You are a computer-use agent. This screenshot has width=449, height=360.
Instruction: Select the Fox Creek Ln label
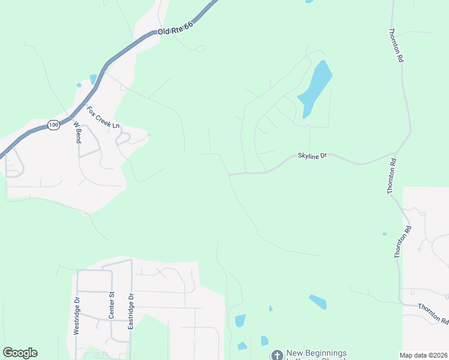pos(103,118)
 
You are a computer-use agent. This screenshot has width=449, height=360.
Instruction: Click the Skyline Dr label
pos(312,156)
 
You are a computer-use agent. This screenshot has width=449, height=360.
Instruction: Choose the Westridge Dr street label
pos(77,316)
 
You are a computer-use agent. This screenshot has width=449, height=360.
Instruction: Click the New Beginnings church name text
pos(316,353)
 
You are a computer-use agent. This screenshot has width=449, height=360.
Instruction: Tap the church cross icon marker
pos(277,355)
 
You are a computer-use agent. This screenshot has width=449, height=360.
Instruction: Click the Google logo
pos(20,353)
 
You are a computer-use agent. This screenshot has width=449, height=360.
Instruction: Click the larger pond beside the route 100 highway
pos(93,79)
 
